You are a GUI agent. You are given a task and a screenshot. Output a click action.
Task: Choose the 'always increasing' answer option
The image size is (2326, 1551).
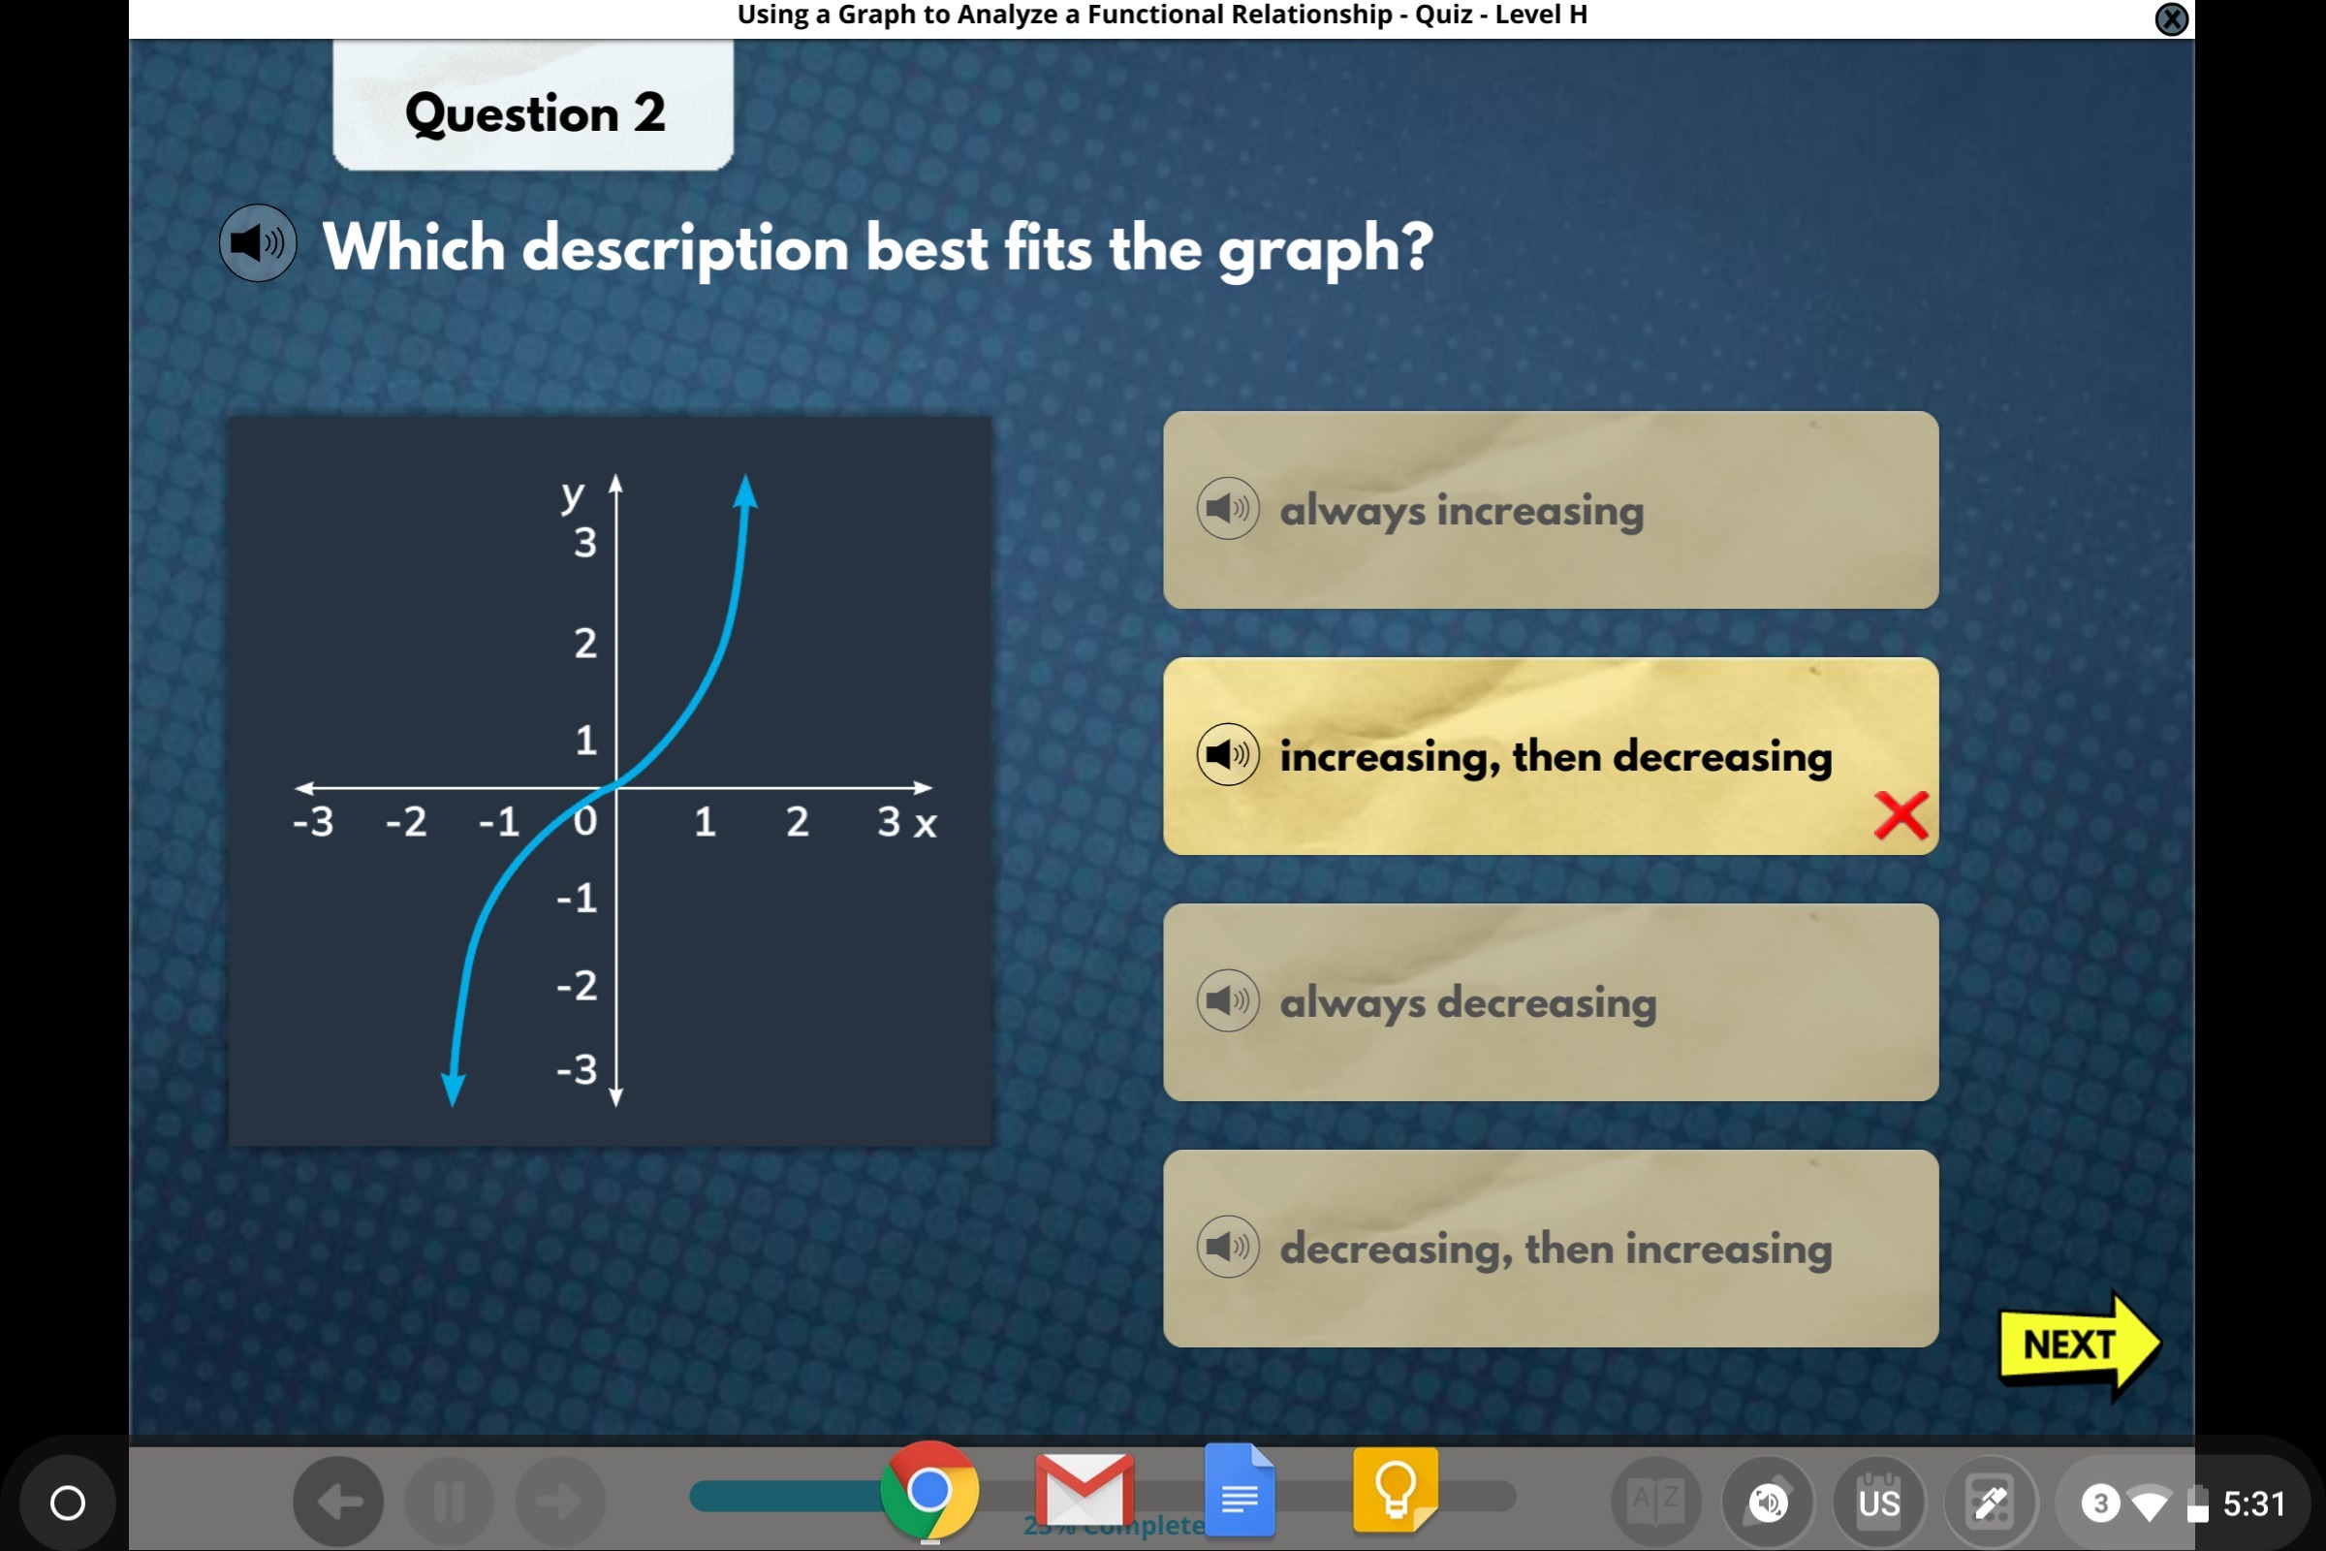click(1551, 510)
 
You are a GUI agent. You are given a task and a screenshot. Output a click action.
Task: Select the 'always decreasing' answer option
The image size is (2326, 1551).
click(1551, 1002)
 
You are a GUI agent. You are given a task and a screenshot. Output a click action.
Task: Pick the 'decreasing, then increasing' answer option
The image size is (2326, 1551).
click(1551, 1249)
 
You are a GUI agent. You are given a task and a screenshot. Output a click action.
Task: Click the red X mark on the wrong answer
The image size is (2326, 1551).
click(1901, 816)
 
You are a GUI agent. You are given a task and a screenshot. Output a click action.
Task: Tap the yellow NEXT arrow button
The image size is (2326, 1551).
click(2079, 1346)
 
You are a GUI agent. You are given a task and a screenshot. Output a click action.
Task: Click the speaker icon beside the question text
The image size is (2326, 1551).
click(257, 243)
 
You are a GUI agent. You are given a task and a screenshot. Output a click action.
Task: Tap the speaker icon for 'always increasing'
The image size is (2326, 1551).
click(1228, 510)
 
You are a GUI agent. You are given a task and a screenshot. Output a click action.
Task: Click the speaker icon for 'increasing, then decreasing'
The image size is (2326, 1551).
click(1228, 755)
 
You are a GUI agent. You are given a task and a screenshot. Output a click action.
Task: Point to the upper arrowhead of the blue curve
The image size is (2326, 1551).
click(745, 491)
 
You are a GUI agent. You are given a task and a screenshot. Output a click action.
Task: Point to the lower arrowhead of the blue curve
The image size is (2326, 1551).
click(453, 1090)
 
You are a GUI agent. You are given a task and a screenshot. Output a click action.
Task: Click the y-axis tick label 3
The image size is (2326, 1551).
click(585, 542)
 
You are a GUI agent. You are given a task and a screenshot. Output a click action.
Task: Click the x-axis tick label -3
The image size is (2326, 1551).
click(313, 821)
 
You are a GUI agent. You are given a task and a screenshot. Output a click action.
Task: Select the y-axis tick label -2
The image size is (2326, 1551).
click(578, 985)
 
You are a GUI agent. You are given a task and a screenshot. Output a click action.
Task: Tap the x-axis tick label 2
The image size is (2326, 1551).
click(797, 821)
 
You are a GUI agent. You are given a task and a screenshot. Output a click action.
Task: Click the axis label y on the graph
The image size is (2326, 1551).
click(573, 494)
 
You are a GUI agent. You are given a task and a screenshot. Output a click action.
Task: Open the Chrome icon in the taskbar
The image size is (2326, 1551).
click(929, 1491)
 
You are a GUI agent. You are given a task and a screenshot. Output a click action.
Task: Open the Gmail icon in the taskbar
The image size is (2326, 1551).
click(1084, 1490)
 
